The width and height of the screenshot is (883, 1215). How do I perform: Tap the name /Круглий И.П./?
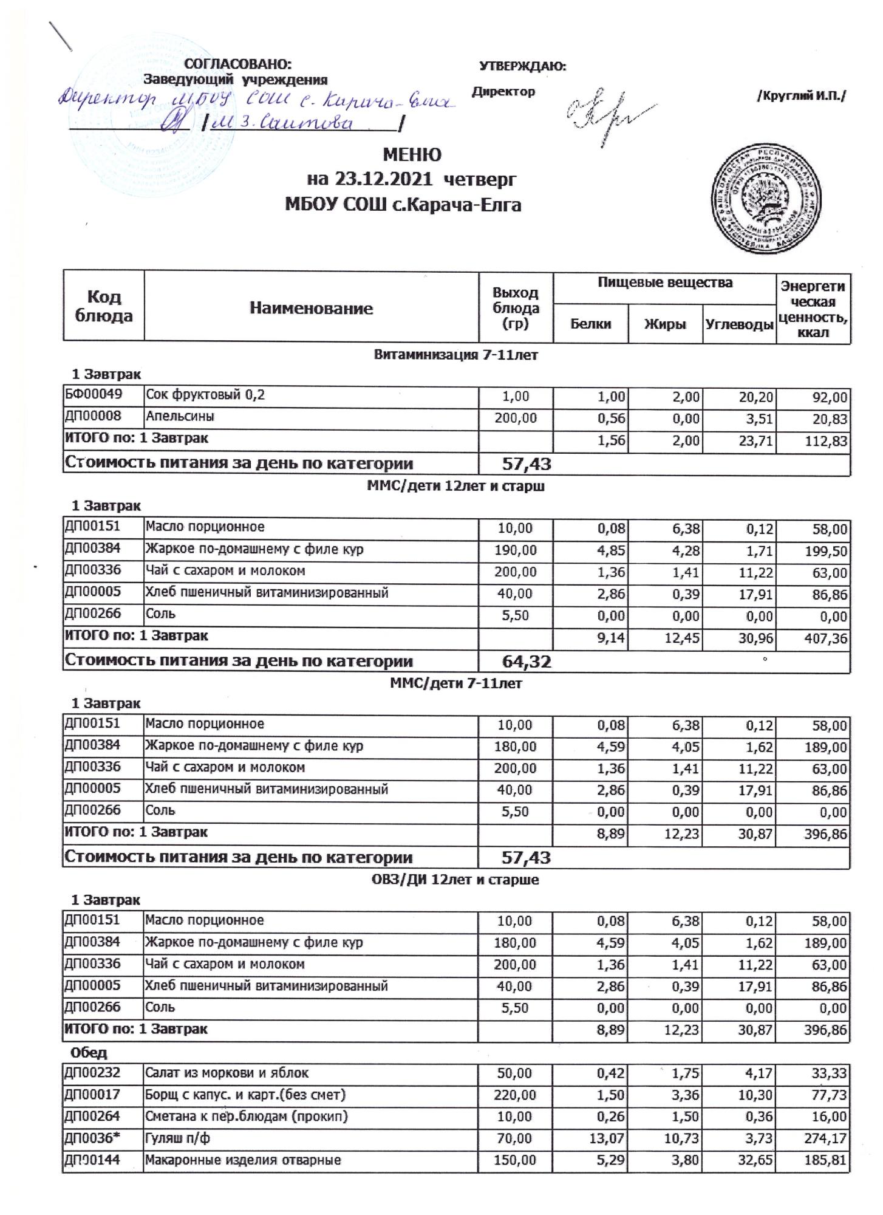[x=800, y=96]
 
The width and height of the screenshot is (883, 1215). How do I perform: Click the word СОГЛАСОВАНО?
[x=237, y=64]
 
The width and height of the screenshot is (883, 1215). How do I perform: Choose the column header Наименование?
[x=311, y=308]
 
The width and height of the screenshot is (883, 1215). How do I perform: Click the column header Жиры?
[x=665, y=324]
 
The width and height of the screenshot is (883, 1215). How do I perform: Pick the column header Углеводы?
[x=739, y=324]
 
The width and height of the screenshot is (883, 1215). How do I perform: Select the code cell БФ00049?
[x=94, y=395]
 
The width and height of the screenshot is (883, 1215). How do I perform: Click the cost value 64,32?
[x=526, y=662]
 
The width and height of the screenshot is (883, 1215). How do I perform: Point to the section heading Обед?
[x=89, y=1052]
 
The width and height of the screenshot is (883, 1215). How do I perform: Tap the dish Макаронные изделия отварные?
[x=242, y=1160]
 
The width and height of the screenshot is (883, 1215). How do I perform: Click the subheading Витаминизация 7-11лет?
[x=455, y=355]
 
